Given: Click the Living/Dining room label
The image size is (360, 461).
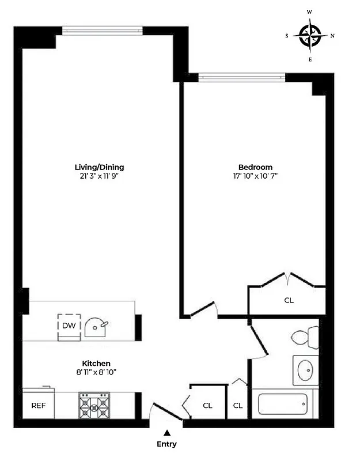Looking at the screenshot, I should [x=103, y=167].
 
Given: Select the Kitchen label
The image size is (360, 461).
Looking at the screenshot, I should [x=96, y=364].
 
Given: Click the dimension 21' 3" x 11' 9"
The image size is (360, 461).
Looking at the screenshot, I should [x=103, y=176].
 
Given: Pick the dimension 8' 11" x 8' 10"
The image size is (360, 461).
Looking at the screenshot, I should [x=96, y=372].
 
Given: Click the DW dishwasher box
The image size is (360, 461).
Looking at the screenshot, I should [x=68, y=326].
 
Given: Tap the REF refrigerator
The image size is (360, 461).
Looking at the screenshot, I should [x=38, y=405].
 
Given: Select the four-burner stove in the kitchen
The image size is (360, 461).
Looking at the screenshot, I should [x=94, y=406].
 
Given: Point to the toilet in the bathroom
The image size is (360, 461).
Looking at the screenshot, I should [x=305, y=335].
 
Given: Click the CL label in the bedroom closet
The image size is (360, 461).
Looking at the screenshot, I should [x=289, y=300].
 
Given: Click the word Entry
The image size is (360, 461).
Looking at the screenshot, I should [x=166, y=444].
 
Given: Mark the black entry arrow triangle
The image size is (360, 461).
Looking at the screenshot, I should [x=166, y=433].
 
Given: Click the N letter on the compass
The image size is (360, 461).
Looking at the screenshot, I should [x=332, y=35].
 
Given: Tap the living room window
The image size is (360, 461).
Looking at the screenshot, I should [x=103, y=29].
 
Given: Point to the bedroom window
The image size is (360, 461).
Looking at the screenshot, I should [x=241, y=75].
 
